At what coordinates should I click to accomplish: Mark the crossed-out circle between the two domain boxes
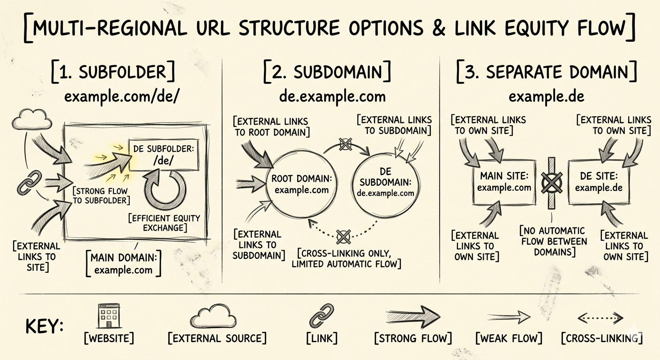tap(551, 182)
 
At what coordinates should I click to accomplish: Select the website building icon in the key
tap(109, 315)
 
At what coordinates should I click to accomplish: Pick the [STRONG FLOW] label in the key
tap(413, 337)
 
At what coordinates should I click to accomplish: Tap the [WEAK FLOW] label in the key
tap(508, 337)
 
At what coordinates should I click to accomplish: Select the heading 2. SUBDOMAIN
tap(327, 73)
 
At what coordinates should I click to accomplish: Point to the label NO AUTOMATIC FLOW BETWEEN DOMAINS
tap(553, 241)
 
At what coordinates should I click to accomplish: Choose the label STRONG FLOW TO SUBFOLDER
tap(101, 195)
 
